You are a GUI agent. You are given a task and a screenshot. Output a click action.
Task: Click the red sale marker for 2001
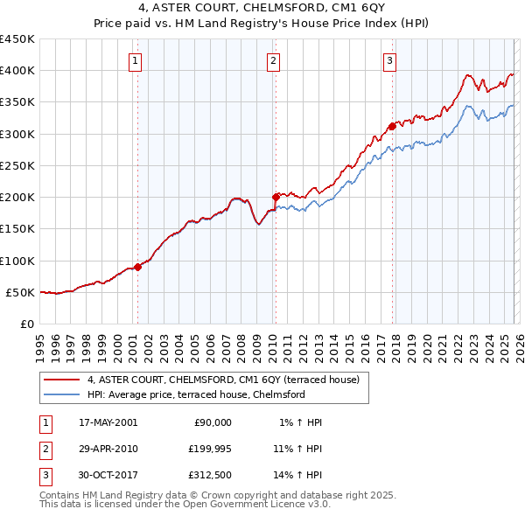pos(138,267)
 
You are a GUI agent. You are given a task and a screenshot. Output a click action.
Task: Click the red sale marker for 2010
pos(276,197)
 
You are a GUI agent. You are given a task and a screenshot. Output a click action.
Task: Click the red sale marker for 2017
pos(392,126)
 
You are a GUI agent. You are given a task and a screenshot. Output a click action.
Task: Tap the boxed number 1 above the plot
pos(136,60)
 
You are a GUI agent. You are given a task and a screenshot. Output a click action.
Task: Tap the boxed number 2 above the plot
pos(274,60)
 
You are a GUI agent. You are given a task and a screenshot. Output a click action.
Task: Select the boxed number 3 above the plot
pos(389,60)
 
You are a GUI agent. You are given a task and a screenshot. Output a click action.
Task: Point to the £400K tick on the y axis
pos(17,71)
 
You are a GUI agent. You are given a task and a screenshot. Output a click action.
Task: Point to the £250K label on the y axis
pos(17,165)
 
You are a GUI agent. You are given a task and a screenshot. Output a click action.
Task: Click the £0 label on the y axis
pos(26,324)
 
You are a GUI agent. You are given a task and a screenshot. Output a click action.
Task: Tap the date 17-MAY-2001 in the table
pos(108,422)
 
